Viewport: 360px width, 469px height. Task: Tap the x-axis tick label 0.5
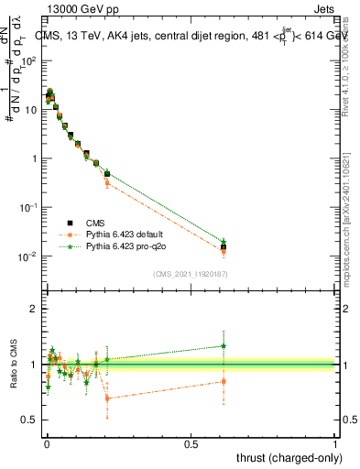(x=191, y=443)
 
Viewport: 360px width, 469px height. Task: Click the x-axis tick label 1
(x=335, y=443)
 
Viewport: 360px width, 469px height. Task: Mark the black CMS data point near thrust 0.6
(x=224, y=247)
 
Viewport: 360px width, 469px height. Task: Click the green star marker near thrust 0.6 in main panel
(x=224, y=241)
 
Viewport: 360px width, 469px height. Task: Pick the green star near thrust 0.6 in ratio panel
(x=224, y=345)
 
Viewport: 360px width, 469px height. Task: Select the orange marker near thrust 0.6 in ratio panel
(x=224, y=381)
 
